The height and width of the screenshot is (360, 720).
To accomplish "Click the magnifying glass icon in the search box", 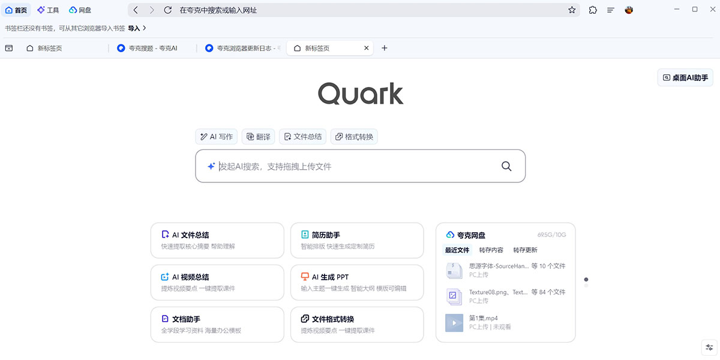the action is tap(506, 166).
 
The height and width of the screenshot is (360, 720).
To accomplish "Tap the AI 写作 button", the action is tap(217, 137).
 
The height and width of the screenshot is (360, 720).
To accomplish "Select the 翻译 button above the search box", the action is tap(258, 137).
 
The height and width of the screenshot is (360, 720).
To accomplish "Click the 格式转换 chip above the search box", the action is tap(354, 137).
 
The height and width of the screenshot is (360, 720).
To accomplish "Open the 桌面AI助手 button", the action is tap(685, 77).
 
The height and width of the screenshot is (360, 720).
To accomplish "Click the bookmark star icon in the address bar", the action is tap(572, 10).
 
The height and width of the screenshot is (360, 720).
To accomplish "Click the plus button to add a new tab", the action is tap(385, 48).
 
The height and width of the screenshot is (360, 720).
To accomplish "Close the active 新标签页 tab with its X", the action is tap(366, 48).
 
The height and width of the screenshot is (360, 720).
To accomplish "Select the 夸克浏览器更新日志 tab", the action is tap(242, 48).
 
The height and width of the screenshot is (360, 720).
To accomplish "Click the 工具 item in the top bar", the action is tap(48, 10).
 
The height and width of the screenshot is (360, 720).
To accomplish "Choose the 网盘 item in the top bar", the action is tap(80, 10).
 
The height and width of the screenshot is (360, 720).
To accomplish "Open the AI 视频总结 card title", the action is tap(190, 277).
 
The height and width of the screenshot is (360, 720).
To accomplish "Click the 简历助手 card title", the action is tap(326, 235).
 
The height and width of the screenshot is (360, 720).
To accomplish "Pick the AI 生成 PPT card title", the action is tap(330, 277).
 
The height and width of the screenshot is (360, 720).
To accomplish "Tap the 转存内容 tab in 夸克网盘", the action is tap(491, 250).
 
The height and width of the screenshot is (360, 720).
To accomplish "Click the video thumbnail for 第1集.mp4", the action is tap(454, 323).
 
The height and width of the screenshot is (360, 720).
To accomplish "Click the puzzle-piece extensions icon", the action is tap(593, 10).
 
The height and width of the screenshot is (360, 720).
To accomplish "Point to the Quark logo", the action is tap(361, 93).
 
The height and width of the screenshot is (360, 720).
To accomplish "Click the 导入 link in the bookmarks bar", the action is tap(134, 28).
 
